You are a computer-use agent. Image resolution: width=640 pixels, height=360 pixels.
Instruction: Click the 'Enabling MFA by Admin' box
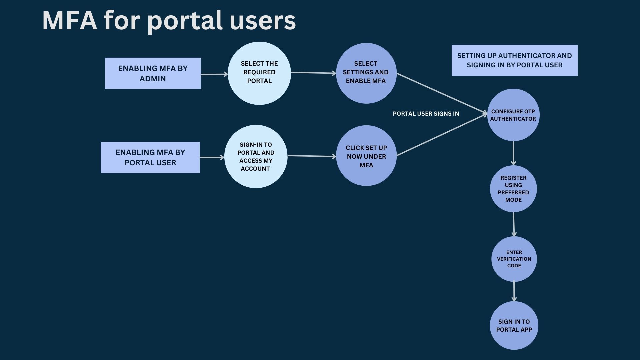153,73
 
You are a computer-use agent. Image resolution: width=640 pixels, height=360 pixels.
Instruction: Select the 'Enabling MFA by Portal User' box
150,157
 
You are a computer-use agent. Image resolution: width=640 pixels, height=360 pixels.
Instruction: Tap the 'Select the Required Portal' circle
259,73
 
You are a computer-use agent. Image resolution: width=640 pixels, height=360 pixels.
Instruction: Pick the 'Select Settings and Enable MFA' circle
366,73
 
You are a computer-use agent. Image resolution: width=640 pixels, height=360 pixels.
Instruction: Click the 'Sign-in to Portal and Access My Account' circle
256,156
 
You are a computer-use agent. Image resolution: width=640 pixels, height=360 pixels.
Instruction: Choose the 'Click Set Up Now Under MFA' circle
366,156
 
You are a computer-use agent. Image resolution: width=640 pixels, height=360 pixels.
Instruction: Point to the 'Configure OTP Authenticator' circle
513,115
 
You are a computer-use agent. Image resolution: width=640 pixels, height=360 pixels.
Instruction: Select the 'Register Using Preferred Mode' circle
513,189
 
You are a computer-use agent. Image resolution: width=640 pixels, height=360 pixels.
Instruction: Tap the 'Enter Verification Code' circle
514,259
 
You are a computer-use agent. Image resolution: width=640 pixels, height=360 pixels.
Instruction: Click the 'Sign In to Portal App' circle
514,325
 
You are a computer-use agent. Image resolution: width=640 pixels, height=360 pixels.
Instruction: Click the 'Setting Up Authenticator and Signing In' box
514,60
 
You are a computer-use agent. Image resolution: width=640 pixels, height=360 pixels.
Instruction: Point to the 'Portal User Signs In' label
426,114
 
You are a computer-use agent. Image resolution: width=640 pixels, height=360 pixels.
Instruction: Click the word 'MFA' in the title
69,21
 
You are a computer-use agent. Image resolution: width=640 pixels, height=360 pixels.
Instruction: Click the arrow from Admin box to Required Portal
214,74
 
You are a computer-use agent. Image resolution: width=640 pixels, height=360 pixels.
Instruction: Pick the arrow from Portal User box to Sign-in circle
212,157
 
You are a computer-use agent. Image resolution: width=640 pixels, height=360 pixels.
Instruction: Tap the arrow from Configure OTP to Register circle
513,153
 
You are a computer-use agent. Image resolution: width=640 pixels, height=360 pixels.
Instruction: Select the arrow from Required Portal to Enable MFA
313,73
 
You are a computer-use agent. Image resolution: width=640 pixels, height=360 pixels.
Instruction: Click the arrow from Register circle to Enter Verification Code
514,224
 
